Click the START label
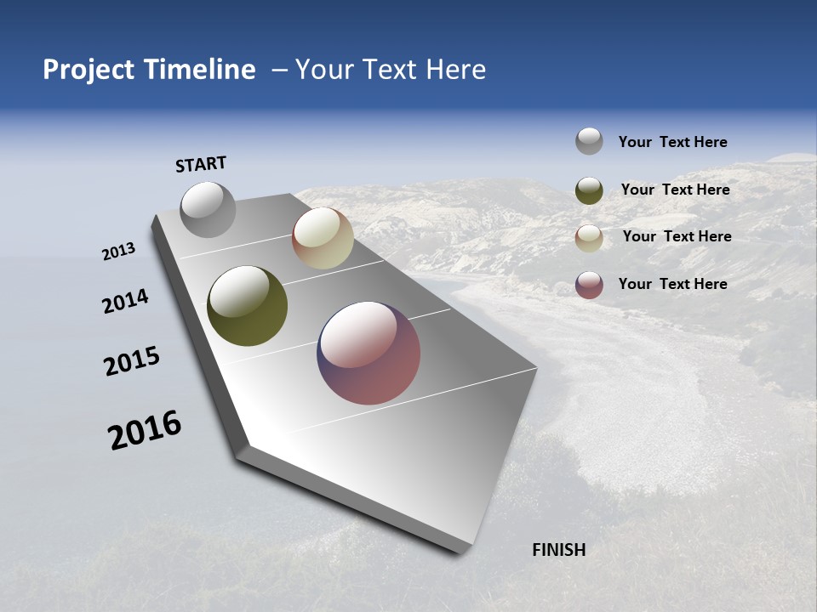click(201, 164)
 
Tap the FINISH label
click(558, 550)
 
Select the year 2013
click(119, 252)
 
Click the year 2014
click(126, 302)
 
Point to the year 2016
click(145, 430)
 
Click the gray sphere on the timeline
click(208, 209)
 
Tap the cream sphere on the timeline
click(323, 238)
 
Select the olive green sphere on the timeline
click(247, 306)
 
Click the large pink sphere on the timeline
click(369, 353)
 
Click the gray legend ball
click(589, 141)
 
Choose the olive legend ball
click(589, 190)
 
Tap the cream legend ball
click(589, 238)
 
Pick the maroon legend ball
click(589, 285)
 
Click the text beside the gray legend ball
click(672, 142)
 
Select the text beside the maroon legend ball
click(672, 284)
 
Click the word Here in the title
click(455, 70)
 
